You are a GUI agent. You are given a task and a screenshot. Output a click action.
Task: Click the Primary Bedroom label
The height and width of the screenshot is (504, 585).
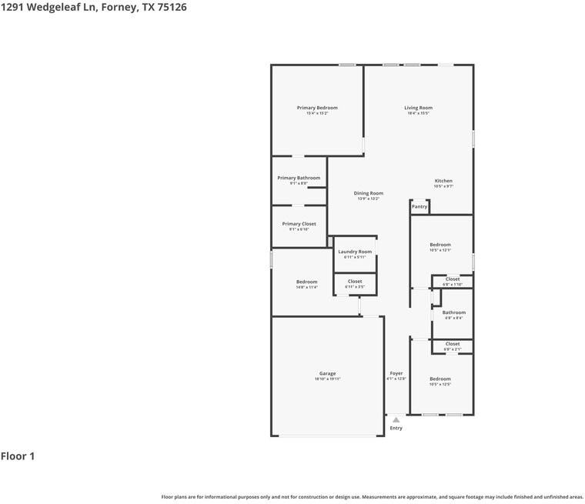pos(317,108)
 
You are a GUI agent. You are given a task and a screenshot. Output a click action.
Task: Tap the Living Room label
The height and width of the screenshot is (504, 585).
pos(419,108)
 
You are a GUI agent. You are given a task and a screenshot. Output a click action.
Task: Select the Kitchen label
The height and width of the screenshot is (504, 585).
pos(443,181)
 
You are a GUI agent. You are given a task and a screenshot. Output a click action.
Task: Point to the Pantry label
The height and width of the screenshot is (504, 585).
pos(420,206)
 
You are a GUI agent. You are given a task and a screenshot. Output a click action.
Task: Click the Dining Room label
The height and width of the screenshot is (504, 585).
pos(369,193)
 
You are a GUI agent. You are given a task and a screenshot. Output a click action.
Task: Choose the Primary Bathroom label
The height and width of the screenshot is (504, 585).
pos(299,178)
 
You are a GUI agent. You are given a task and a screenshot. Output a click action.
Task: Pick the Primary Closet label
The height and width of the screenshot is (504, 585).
pos(299,224)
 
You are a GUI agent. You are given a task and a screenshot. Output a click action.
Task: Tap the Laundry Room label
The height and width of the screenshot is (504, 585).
pos(355,252)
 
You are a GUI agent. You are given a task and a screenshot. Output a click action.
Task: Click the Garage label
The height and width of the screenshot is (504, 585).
pos(327,373)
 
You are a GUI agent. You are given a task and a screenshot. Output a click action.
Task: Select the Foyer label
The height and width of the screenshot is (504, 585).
pos(396,373)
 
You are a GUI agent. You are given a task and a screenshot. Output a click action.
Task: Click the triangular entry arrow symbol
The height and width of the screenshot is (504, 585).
pos(396,420)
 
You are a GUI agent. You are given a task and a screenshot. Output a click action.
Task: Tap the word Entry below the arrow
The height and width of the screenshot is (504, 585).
pos(396,429)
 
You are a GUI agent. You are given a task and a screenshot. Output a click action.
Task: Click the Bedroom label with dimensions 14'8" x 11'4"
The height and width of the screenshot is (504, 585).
pos(306,282)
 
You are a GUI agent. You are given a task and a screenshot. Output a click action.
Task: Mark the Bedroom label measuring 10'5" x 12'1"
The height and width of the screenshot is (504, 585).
pos(440,245)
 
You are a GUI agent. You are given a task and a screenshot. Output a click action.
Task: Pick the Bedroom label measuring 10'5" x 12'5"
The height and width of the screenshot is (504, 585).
pos(440,379)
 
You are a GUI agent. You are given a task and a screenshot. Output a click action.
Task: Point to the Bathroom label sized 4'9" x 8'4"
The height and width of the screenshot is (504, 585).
pos(454,312)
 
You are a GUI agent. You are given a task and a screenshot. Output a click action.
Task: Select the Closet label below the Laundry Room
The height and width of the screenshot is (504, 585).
pos(355,282)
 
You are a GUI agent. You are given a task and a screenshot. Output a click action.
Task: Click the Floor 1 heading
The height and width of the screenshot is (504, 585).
pos(18,456)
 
